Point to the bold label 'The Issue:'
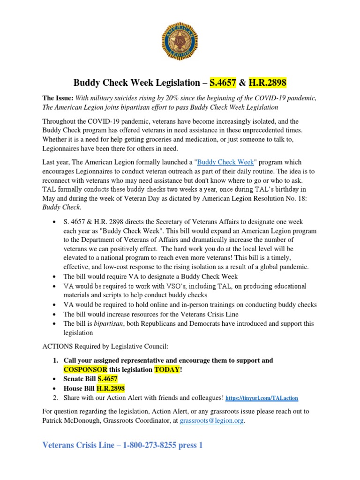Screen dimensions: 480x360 [58, 98]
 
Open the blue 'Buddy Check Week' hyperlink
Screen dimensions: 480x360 [226, 162]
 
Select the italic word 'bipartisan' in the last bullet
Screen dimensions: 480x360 [108, 324]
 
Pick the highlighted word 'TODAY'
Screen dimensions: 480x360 [167, 369]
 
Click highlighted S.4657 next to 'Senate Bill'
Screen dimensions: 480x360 [108, 379]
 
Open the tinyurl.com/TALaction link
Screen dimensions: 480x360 [262, 398]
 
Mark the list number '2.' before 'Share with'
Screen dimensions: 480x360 [55, 397]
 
